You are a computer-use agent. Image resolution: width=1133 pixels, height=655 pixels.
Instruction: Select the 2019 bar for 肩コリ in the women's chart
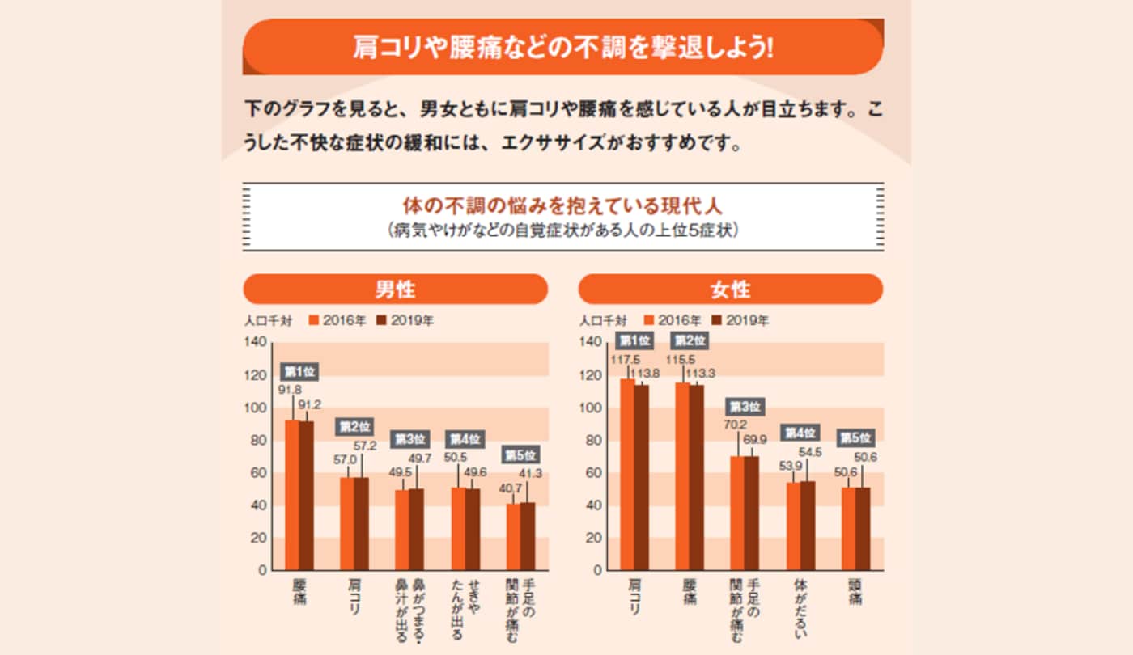pyautogui.click(x=641, y=477)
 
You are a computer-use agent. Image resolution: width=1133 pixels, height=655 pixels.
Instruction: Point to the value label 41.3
pyautogui.click(x=533, y=474)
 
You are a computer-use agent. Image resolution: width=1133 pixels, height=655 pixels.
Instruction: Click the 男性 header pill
pyautogui.click(x=395, y=289)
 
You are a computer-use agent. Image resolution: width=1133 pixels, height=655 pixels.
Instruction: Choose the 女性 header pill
pyautogui.click(x=730, y=289)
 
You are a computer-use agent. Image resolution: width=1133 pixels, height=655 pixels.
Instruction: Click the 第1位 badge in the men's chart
pyautogui.click(x=299, y=372)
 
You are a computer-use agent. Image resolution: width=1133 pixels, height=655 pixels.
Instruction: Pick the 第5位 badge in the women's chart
pyautogui.click(x=855, y=438)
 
